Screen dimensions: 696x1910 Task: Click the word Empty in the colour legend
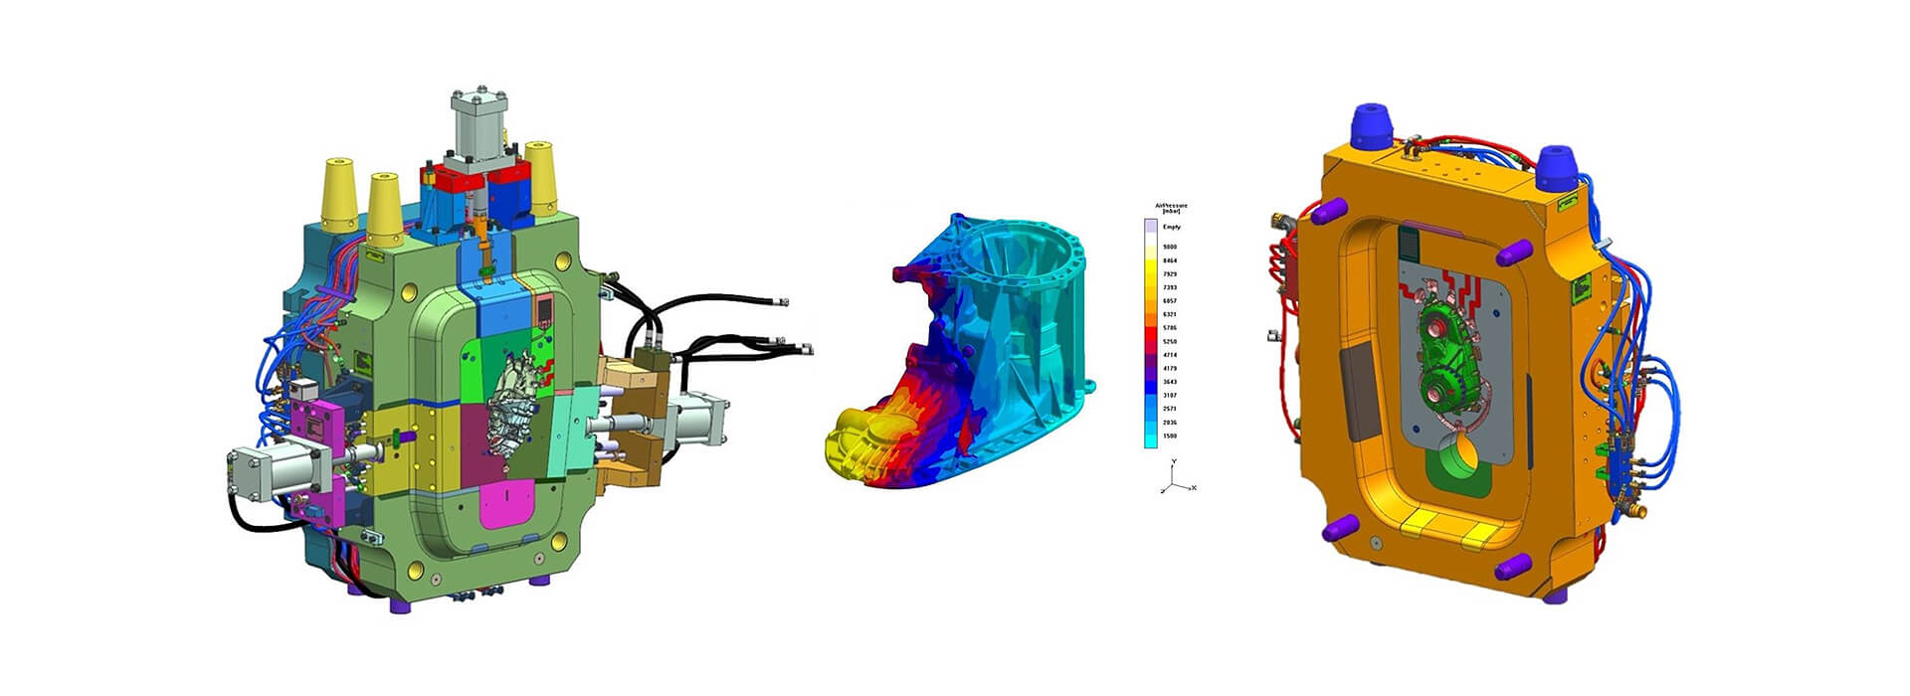pyautogui.click(x=1171, y=227)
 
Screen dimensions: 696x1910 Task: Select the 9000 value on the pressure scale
pyautogui.click(x=1170, y=247)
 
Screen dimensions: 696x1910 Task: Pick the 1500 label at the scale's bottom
pyautogui.click(x=1170, y=435)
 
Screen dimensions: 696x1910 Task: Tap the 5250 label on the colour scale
pyautogui.click(x=1170, y=342)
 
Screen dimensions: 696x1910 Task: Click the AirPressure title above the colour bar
pyautogui.click(x=1171, y=206)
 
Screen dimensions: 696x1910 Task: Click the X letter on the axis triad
pyautogui.click(x=1194, y=487)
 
